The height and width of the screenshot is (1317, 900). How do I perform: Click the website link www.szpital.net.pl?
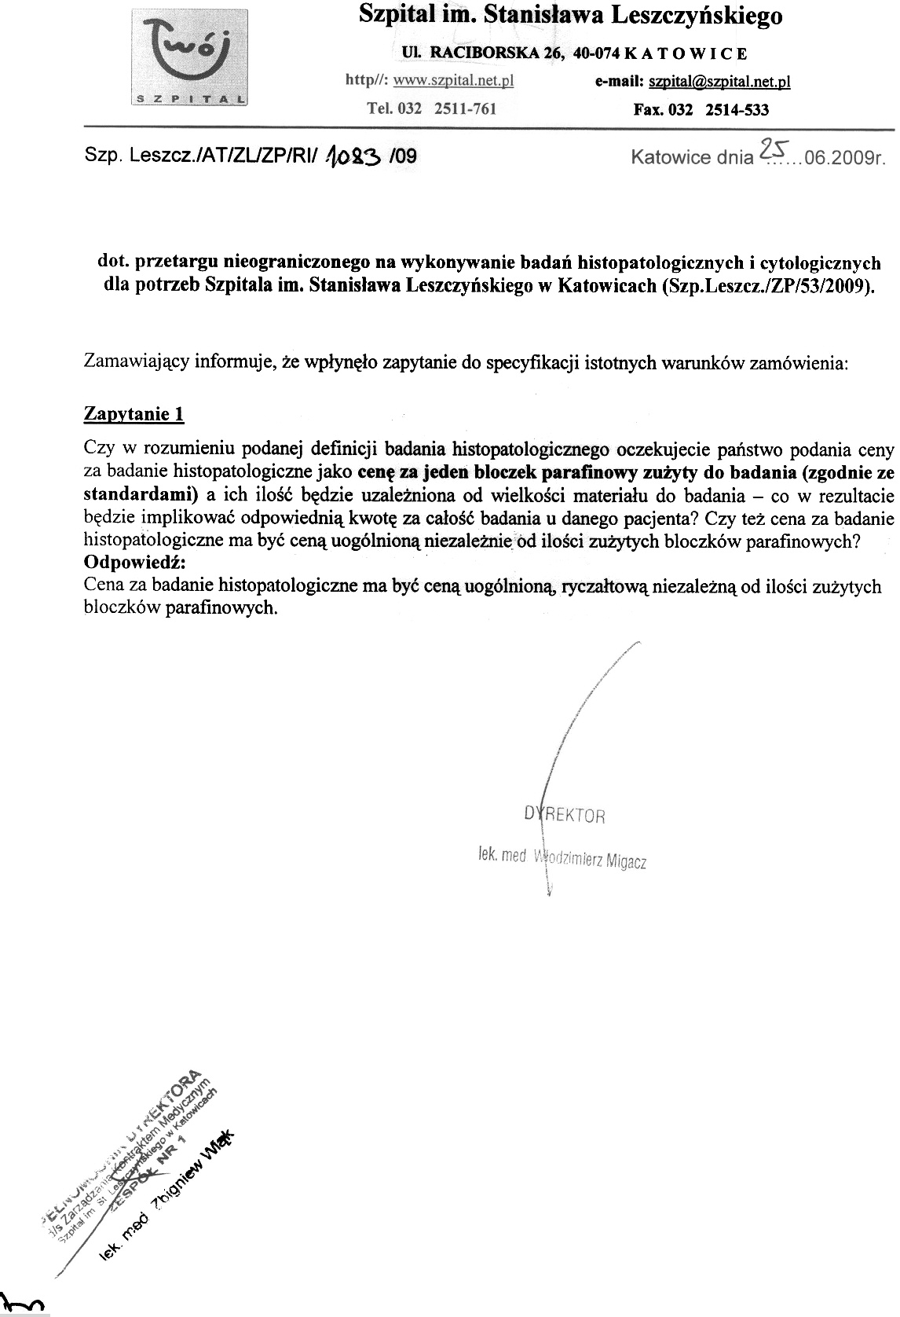pos(453,81)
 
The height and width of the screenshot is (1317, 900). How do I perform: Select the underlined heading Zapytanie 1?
pos(134,413)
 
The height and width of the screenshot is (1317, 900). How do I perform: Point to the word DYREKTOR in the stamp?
pos(564,814)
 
